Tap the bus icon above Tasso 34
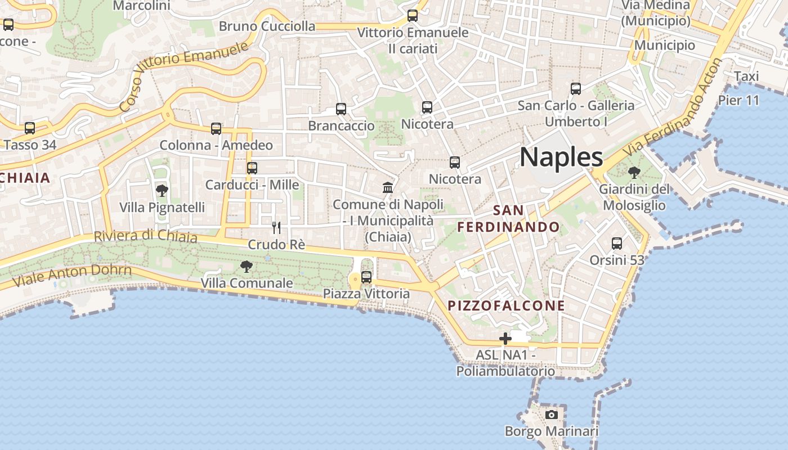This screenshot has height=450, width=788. [30, 128]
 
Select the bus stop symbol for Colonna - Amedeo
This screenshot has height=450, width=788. [216, 129]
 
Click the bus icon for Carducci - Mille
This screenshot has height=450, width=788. [252, 168]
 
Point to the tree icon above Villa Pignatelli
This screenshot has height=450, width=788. [162, 191]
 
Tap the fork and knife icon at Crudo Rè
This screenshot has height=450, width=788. [276, 228]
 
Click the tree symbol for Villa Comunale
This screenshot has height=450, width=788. [246, 267]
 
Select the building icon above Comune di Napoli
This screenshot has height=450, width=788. [388, 187]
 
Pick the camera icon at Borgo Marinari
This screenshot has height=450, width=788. [552, 415]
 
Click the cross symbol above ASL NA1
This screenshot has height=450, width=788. [505, 339]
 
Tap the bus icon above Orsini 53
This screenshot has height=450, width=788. [617, 244]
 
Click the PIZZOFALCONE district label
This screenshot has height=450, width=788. [506, 306]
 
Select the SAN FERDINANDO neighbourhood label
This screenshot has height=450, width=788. [508, 219]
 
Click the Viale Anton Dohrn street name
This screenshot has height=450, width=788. [71, 276]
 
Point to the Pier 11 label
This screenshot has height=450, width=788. [738, 101]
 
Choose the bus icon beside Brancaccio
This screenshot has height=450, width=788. [341, 109]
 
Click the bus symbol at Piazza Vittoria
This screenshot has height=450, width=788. [366, 277]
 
